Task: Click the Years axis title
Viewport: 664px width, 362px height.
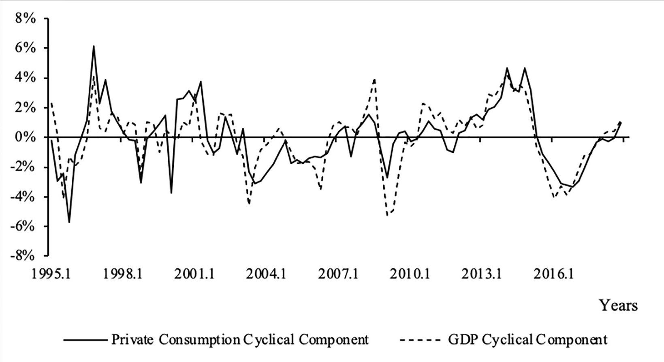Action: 618,305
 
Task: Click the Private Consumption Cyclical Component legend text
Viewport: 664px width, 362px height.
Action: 240,339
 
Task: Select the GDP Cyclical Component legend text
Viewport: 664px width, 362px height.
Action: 527,339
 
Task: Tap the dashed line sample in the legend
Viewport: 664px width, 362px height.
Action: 419,339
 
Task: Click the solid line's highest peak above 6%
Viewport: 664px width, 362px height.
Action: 94,46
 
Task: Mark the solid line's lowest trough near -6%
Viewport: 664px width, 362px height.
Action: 69,222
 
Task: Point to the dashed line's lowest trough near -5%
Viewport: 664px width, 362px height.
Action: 388,215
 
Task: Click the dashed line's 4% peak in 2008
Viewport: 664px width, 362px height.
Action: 375,79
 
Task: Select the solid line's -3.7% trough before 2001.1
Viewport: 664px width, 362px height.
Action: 171,193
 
